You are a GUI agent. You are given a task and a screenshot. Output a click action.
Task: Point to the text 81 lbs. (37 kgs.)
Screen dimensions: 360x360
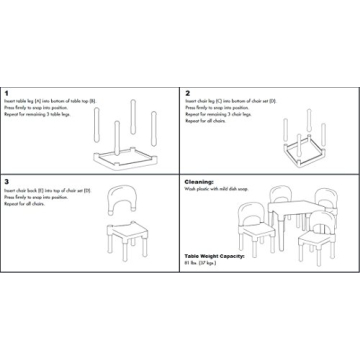(x=203, y=263)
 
